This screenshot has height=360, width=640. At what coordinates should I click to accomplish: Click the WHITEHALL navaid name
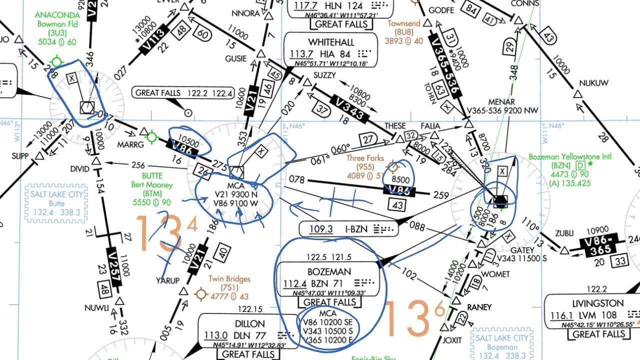point(331,41)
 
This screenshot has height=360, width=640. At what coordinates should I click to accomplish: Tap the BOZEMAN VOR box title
point(329,271)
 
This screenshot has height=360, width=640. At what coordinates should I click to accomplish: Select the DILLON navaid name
point(250,323)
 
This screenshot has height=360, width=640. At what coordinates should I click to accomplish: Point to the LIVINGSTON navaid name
point(598,303)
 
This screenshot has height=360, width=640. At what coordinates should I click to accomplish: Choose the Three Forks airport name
point(365,158)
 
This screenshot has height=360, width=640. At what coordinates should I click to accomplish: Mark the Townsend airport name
point(404,23)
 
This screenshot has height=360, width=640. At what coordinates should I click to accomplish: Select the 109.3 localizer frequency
point(321,229)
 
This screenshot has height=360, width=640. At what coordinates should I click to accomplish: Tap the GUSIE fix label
point(236,58)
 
